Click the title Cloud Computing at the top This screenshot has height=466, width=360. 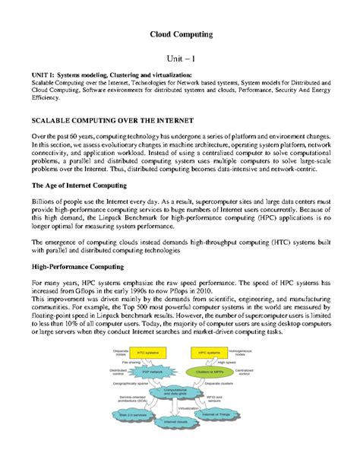(180, 35)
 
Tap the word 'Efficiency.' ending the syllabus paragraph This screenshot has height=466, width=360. (45, 98)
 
